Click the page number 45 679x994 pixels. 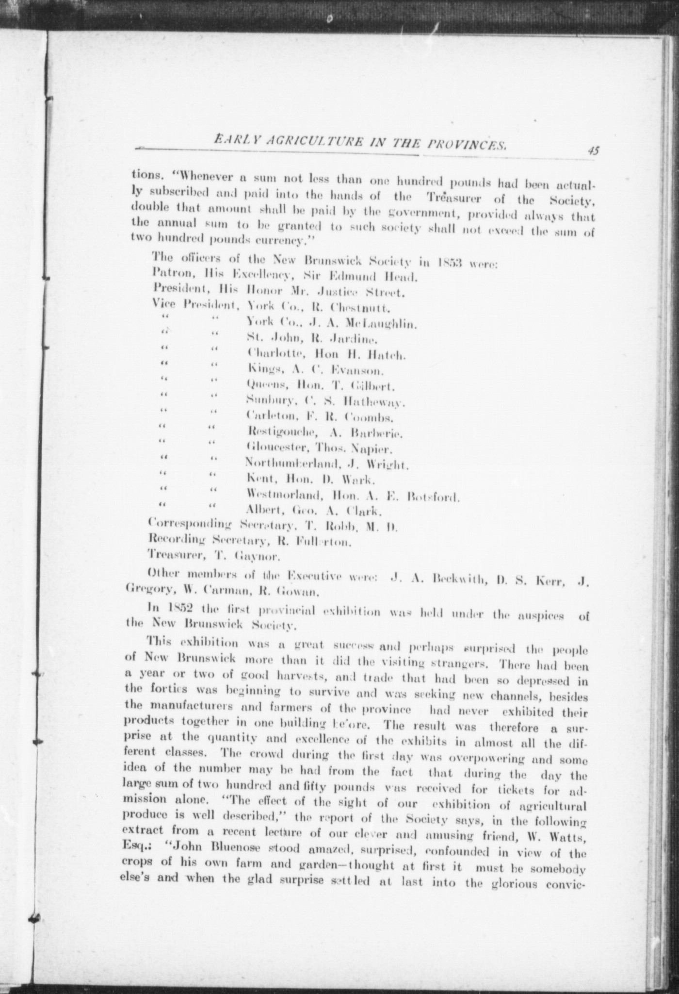[593, 150]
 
